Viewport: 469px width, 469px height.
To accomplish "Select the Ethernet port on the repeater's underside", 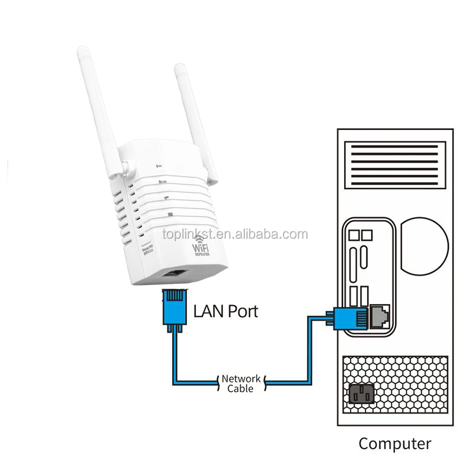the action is point(176,275).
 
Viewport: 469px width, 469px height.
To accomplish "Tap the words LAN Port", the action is point(226,312).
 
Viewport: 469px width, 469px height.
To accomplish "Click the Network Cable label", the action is point(240,383).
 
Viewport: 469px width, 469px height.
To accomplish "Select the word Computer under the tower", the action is point(395,443).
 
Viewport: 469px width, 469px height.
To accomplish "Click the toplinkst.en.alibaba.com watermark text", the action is point(234,234).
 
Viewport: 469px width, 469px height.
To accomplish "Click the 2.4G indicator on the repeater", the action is point(162,182).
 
